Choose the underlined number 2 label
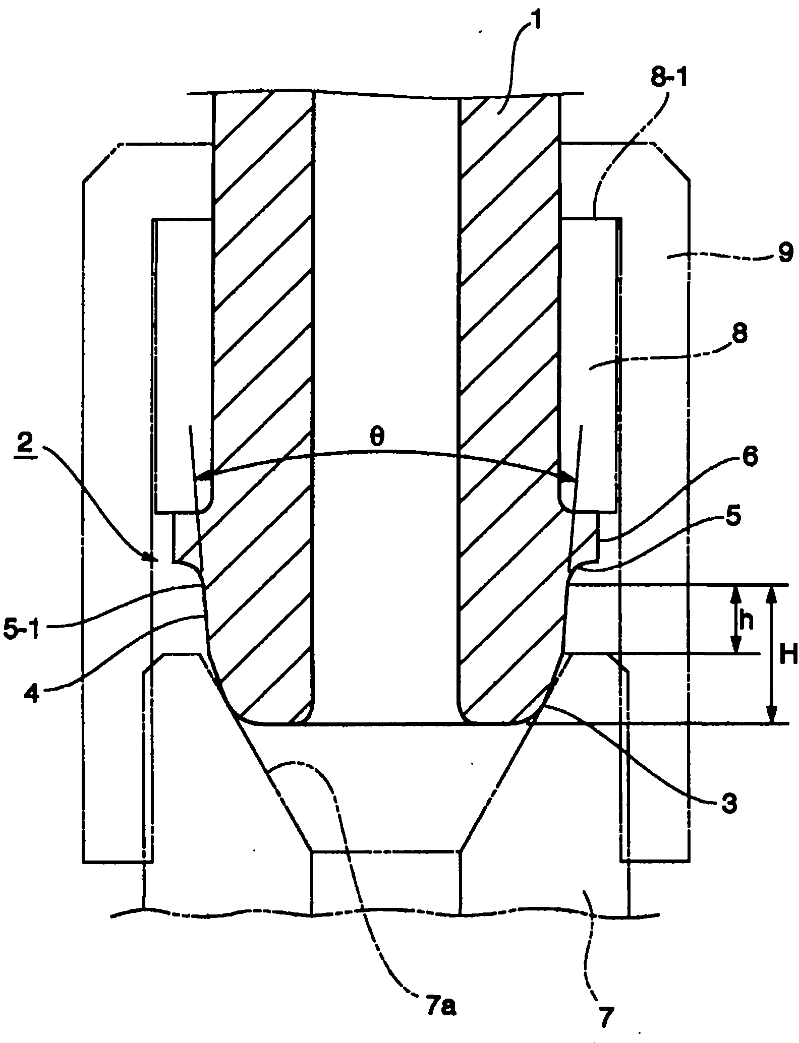pyautogui.click(x=28, y=442)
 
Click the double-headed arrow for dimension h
pyautogui.click(x=736, y=619)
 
